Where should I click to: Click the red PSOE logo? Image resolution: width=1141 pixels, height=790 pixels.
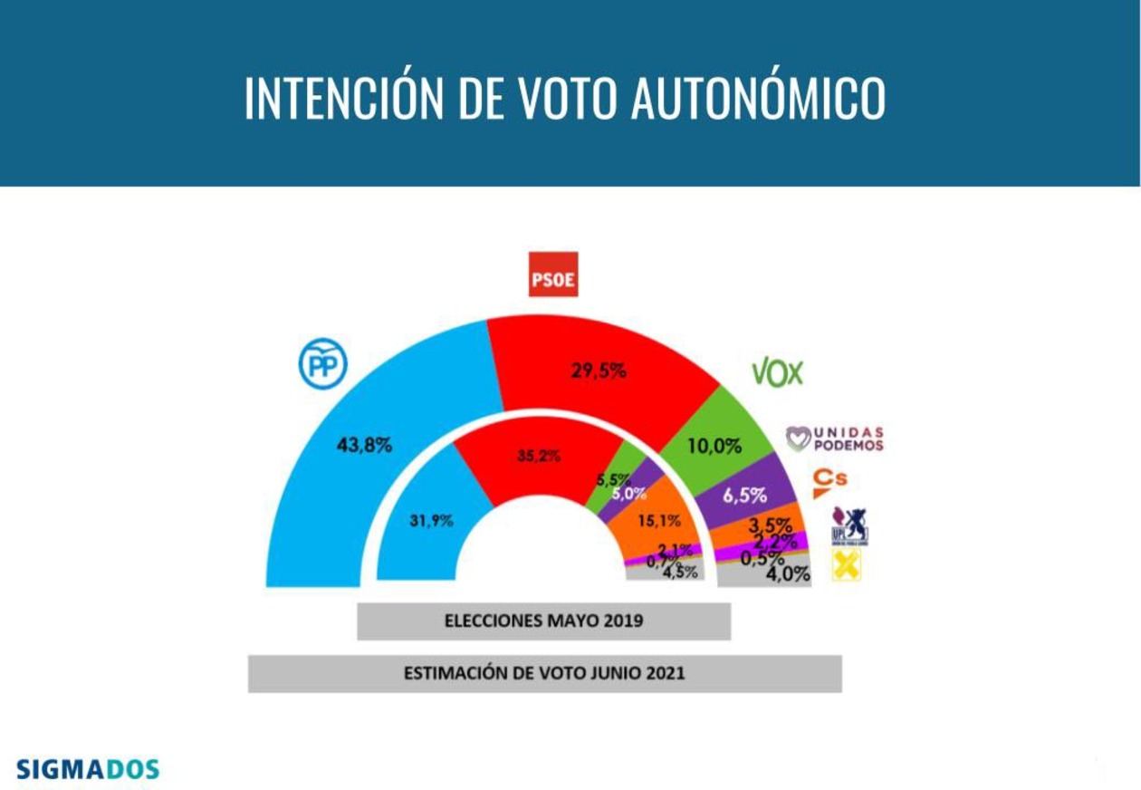tap(552, 275)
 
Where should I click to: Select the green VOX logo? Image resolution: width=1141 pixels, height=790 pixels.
tap(777, 372)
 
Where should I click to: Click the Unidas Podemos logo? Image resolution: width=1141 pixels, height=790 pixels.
tap(834, 439)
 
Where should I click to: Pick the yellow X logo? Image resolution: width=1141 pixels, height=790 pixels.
tap(846, 565)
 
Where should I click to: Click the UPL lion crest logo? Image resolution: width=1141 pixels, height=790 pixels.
tap(849, 525)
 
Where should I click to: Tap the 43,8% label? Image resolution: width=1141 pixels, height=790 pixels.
tap(363, 445)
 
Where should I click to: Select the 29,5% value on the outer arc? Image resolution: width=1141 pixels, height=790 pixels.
tap(599, 371)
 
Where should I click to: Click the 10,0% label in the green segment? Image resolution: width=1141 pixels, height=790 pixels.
tap(714, 446)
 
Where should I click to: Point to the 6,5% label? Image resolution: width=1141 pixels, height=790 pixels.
tap(744, 496)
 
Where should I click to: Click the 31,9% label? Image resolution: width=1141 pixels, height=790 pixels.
tap(431, 521)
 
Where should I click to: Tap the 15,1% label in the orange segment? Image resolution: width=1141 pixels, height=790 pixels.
tap(658, 521)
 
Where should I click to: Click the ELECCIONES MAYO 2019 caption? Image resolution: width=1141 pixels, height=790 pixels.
tap(543, 621)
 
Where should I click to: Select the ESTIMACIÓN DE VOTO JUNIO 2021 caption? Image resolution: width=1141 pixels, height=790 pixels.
tap(544, 673)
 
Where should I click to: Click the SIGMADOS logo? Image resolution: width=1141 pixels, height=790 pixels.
tap(88, 770)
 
